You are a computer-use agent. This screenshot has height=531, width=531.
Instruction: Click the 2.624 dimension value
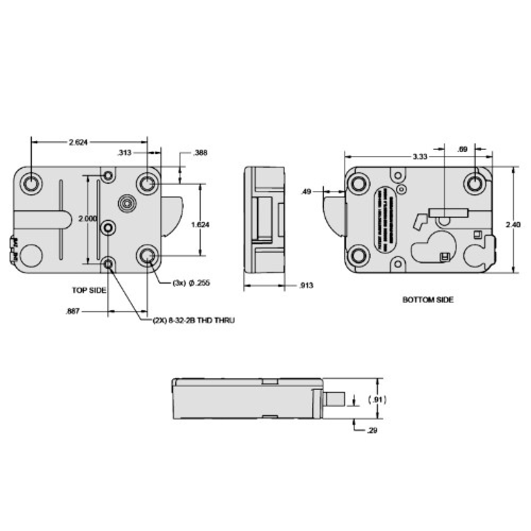[78, 142]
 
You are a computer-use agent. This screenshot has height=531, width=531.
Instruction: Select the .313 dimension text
[124, 153]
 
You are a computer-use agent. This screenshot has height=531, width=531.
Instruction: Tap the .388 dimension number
[200, 153]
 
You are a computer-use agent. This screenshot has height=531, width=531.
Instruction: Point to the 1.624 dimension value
[200, 225]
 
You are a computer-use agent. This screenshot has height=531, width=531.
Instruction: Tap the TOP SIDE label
[89, 290]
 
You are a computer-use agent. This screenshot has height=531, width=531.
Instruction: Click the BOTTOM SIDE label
[428, 299]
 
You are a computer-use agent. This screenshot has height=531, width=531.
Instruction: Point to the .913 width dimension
[306, 286]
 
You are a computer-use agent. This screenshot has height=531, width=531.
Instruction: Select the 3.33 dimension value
[419, 157]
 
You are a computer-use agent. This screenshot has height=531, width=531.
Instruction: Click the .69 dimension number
[463, 150]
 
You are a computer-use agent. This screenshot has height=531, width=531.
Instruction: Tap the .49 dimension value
[305, 192]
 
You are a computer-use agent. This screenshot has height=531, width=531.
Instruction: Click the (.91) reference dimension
[378, 399]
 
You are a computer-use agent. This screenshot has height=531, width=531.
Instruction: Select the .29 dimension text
[373, 430]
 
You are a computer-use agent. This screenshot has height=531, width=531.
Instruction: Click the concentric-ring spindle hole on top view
[126, 203]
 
